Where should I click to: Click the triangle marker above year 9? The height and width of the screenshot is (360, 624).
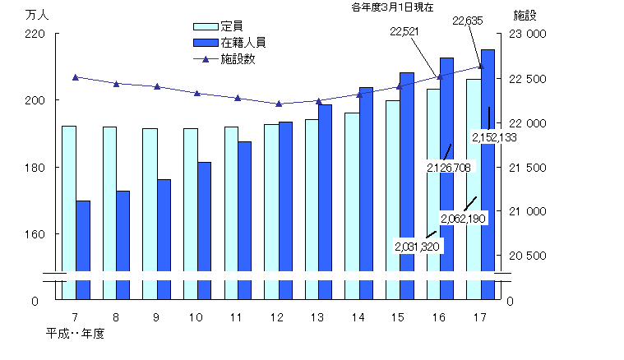point(157,86)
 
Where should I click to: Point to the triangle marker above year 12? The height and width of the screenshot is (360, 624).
point(279,104)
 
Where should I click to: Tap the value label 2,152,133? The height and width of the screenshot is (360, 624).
point(493,137)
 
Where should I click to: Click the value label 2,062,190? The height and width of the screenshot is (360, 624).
point(464,218)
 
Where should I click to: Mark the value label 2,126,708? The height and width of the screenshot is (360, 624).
point(449,166)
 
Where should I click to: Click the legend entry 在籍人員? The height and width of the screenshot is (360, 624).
point(243,41)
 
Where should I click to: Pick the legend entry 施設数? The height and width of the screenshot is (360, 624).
point(238,59)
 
